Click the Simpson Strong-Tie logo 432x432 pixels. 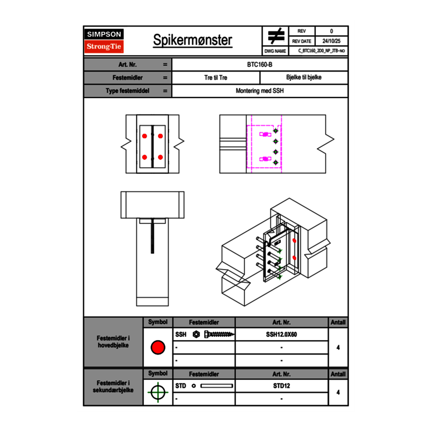105,41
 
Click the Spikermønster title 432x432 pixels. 192,40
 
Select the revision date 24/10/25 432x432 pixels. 331,41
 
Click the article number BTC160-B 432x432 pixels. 260,64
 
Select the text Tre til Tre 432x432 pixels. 216,78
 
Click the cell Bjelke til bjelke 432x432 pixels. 304,78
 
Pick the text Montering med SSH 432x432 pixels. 260,91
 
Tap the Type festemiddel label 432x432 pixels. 128,91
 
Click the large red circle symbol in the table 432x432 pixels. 158,348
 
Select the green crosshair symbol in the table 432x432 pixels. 158,392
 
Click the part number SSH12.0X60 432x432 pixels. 281,335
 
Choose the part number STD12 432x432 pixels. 281,386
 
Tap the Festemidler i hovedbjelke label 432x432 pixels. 113,342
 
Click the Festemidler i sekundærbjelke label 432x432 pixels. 113,386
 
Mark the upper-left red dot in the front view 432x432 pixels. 144,135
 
